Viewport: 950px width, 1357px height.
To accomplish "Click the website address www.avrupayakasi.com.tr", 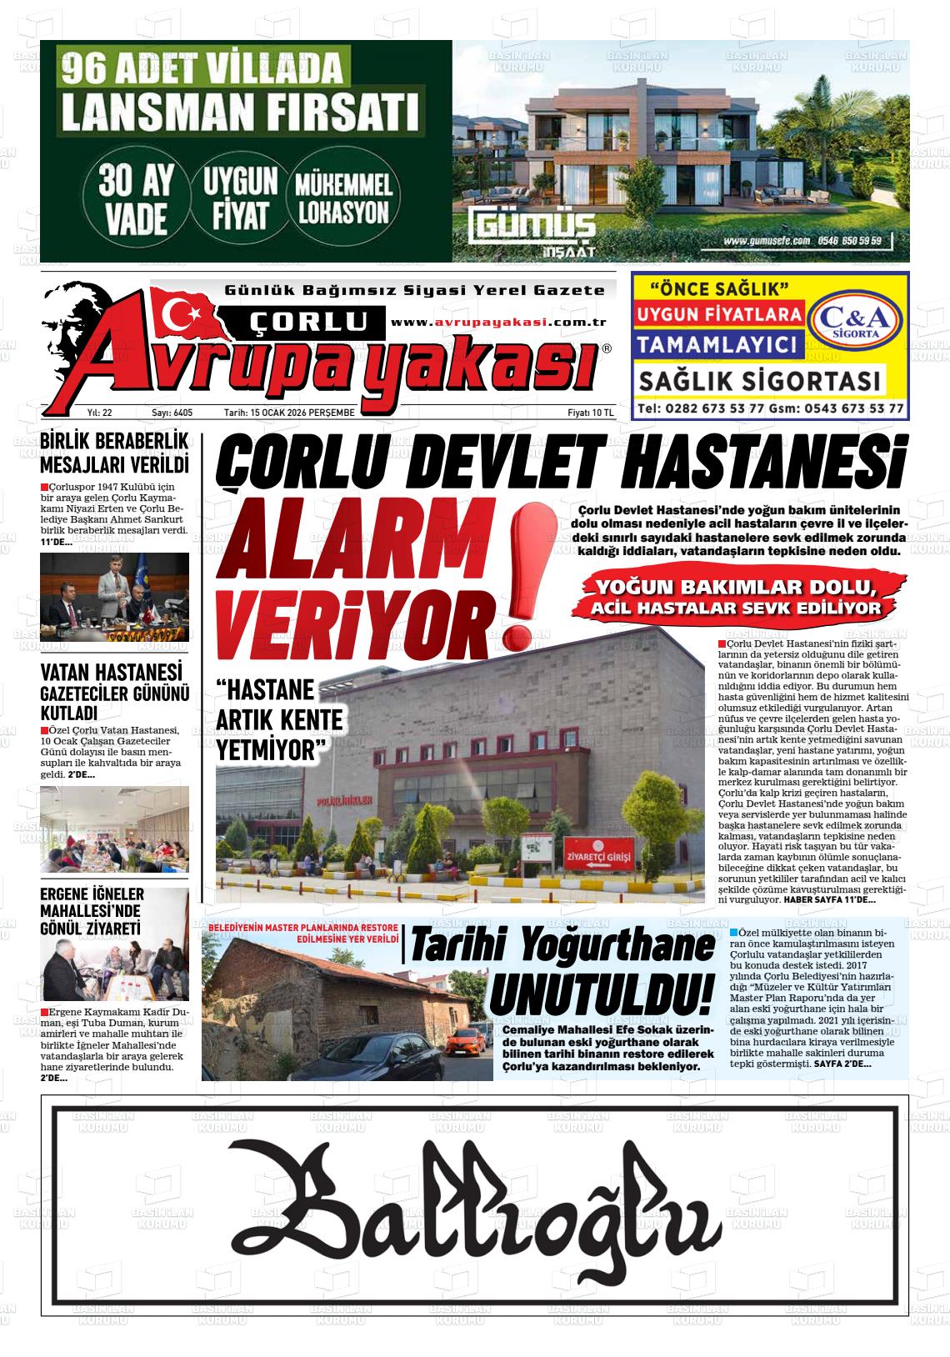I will tap(497, 323).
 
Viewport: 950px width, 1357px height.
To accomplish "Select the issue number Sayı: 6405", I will tap(172, 413).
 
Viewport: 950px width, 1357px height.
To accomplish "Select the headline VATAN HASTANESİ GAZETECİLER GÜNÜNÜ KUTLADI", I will tap(115, 691).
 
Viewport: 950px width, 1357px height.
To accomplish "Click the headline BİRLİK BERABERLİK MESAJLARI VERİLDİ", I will tap(114, 451).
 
